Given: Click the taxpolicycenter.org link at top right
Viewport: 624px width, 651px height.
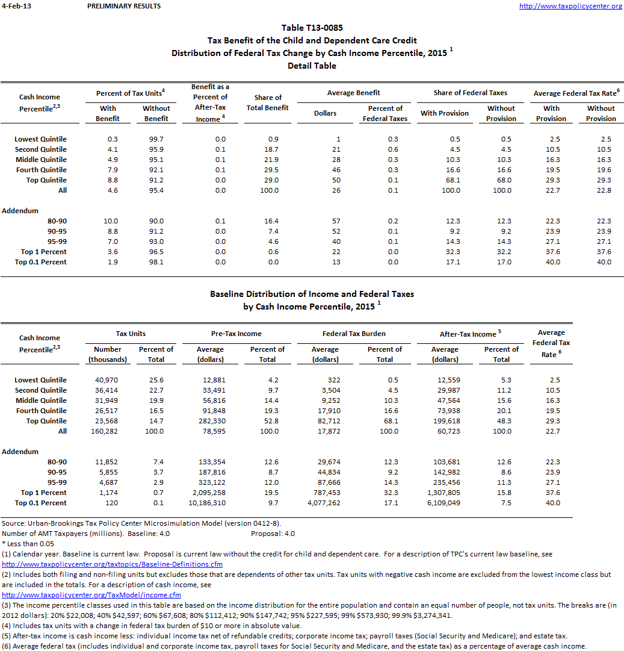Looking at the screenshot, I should pyautogui.click(x=570, y=6).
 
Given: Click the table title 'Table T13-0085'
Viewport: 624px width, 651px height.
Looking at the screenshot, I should pyautogui.click(x=312, y=28).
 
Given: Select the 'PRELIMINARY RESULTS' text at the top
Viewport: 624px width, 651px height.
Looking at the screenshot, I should pyautogui.click(x=124, y=6).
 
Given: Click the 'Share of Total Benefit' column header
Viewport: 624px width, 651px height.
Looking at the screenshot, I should pyautogui.click(x=268, y=102).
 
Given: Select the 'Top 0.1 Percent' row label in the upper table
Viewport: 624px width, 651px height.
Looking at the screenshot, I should pyautogui.click(x=41, y=262).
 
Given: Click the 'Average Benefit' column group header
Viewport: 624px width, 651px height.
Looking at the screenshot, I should pyautogui.click(x=354, y=93).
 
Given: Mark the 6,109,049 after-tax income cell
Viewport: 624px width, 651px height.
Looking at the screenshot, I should pyautogui.click(x=445, y=503).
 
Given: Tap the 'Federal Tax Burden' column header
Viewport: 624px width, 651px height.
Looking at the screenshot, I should pyautogui.click(x=354, y=333).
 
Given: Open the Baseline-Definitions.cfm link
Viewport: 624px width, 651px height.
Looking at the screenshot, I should pyautogui.click(x=113, y=564).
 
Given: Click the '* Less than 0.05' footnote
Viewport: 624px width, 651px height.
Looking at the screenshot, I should pyautogui.click(x=27, y=543).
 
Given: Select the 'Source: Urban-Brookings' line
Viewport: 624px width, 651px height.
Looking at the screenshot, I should pyautogui.click(x=141, y=523).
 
